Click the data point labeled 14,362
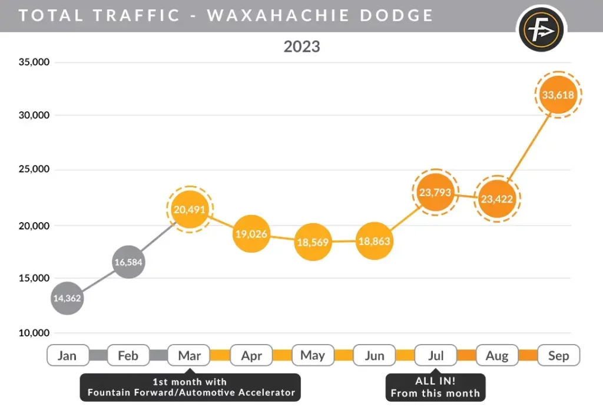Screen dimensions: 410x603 coord(67,298)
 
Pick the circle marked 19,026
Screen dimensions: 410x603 coord(251,234)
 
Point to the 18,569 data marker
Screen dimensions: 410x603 coord(312,242)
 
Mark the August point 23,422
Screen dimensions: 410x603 coord(496,199)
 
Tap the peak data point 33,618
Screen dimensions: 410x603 coord(558,94)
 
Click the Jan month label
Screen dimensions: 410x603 coord(67,355)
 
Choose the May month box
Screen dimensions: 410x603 coord(312,355)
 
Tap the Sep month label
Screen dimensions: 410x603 coord(558,355)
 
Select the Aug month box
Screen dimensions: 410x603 coord(497,355)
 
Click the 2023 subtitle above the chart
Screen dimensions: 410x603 coord(301,46)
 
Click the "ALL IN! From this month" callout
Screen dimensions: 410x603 coord(435,387)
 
